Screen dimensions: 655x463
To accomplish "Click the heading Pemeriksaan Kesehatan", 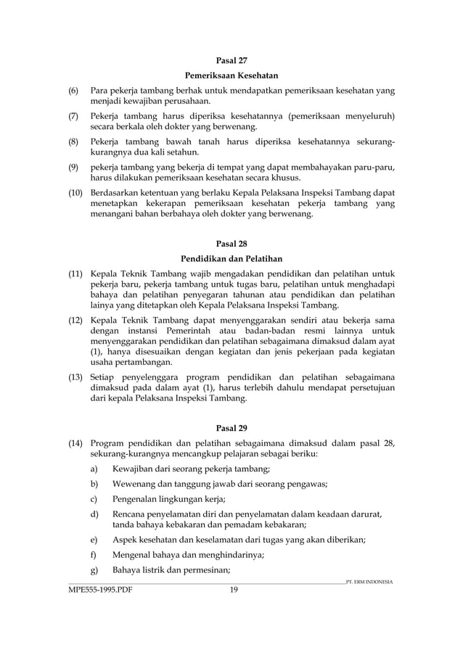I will [x=232, y=75].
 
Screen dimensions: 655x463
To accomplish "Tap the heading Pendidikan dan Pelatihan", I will [x=232, y=259].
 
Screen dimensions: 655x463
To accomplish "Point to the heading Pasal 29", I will [x=232, y=427].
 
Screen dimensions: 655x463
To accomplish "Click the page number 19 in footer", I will [x=234, y=590].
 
